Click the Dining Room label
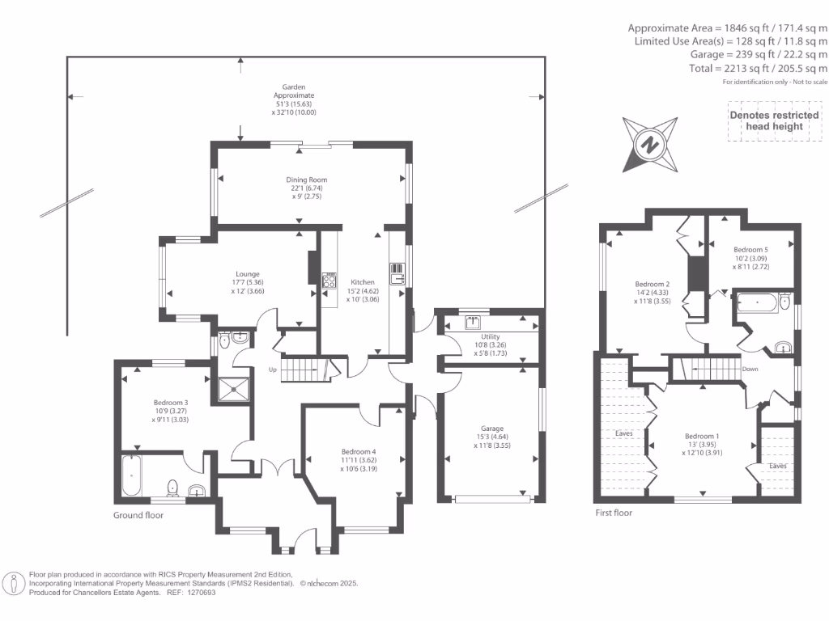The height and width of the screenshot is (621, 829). click(307, 180)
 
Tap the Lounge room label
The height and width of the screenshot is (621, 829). click(248, 274)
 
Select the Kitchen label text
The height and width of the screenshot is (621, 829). click(363, 282)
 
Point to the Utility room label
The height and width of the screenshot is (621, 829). click(491, 336)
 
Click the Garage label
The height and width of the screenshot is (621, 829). click(492, 429)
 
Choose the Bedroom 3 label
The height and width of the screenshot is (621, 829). click(171, 403)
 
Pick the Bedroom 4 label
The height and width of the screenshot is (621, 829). click(359, 451)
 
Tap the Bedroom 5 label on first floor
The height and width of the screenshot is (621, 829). click(750, 250)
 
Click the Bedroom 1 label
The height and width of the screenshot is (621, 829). click(702, 436)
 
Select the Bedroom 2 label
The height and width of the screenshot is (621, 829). click(653, 284)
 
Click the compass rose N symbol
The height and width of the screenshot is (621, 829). click(650, 145)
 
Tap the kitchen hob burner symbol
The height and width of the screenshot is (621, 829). click(329, 280)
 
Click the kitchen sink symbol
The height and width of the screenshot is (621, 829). click(397, 273)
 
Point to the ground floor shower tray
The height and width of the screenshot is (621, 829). click(233, 390)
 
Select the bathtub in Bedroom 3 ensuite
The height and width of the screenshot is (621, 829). click(132, 475)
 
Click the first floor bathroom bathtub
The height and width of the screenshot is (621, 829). click(758, 302)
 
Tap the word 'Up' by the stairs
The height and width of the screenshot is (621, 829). click(272, 370)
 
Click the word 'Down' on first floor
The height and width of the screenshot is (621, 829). click(750, 369)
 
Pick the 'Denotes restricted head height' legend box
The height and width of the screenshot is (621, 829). click(775, 121)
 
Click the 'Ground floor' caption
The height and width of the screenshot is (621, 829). click(138, 515)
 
